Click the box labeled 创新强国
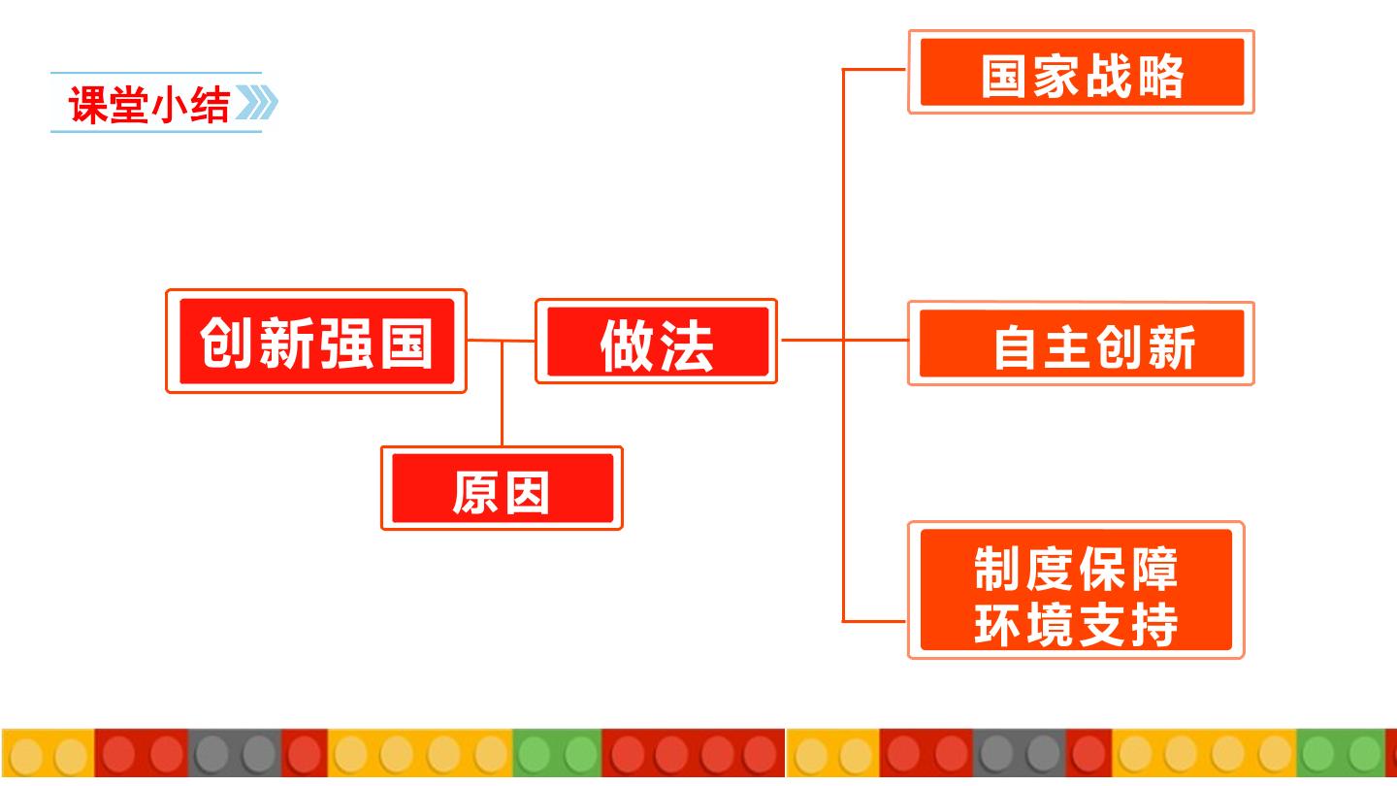tap(316, 342)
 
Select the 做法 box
tap(656, 342)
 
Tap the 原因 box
tap(503, 488)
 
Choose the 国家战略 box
tap(1082, 72)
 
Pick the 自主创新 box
tap(1082, 344)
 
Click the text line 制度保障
tap(1076, 569)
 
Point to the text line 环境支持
tap(1076, 625)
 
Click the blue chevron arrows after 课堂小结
tap(257, 102)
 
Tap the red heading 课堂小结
tap(149, 104)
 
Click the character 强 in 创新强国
tap(346, 343)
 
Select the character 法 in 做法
tap(687, 346)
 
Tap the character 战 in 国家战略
tap(1108, 76)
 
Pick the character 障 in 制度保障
tap(1153, 569)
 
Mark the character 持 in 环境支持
tap(1153, 625)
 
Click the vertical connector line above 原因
tap(503, 394)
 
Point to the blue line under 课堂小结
tap(156, 132)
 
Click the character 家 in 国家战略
tap(1056, 76)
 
